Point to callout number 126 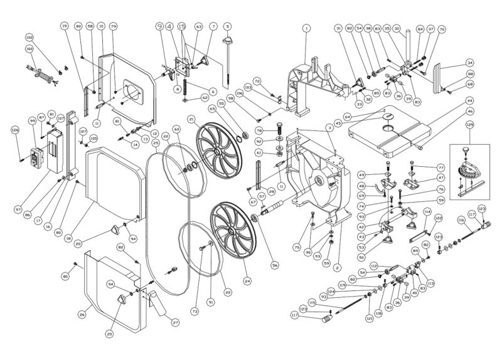[x=15, y=130]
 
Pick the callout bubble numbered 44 [x=469, y=100]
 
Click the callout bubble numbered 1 [x=306, y=28]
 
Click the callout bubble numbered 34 [x=469, y=63]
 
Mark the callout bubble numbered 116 [x=461, y=221]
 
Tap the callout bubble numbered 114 [x=427, y=212]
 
